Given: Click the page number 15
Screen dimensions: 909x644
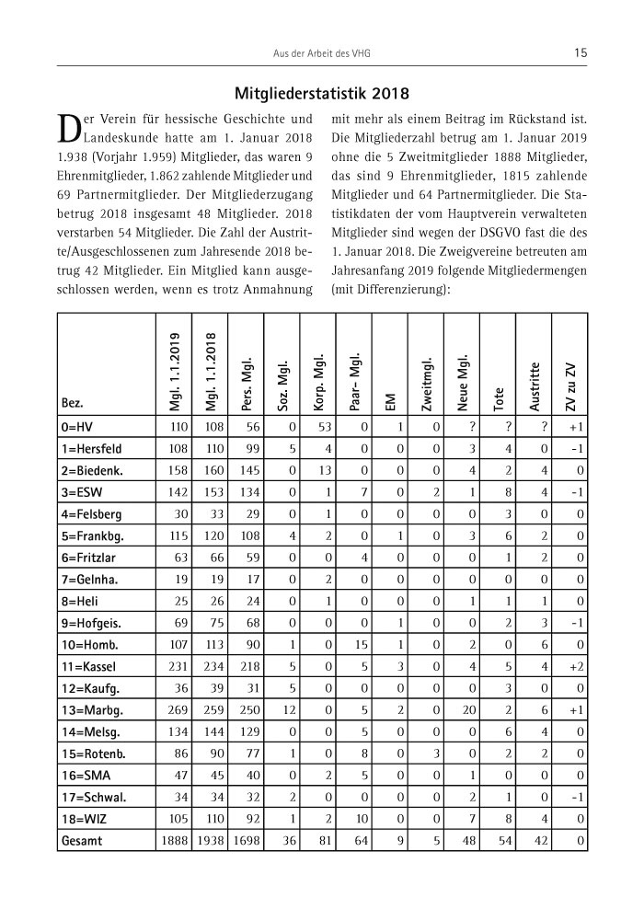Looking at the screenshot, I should tap(580, 53).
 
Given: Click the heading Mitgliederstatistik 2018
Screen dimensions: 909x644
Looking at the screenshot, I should tap(321, 93).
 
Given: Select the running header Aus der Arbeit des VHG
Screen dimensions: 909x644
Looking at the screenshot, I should tap(321, 54).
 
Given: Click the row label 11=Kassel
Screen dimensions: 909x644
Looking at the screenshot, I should tap(86, 665).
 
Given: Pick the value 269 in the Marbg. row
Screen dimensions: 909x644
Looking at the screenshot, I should tap(174, 709).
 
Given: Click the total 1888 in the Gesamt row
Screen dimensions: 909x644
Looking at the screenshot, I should tap(172, 841).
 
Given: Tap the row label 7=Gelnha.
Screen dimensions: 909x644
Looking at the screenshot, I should tap(88, 579).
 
